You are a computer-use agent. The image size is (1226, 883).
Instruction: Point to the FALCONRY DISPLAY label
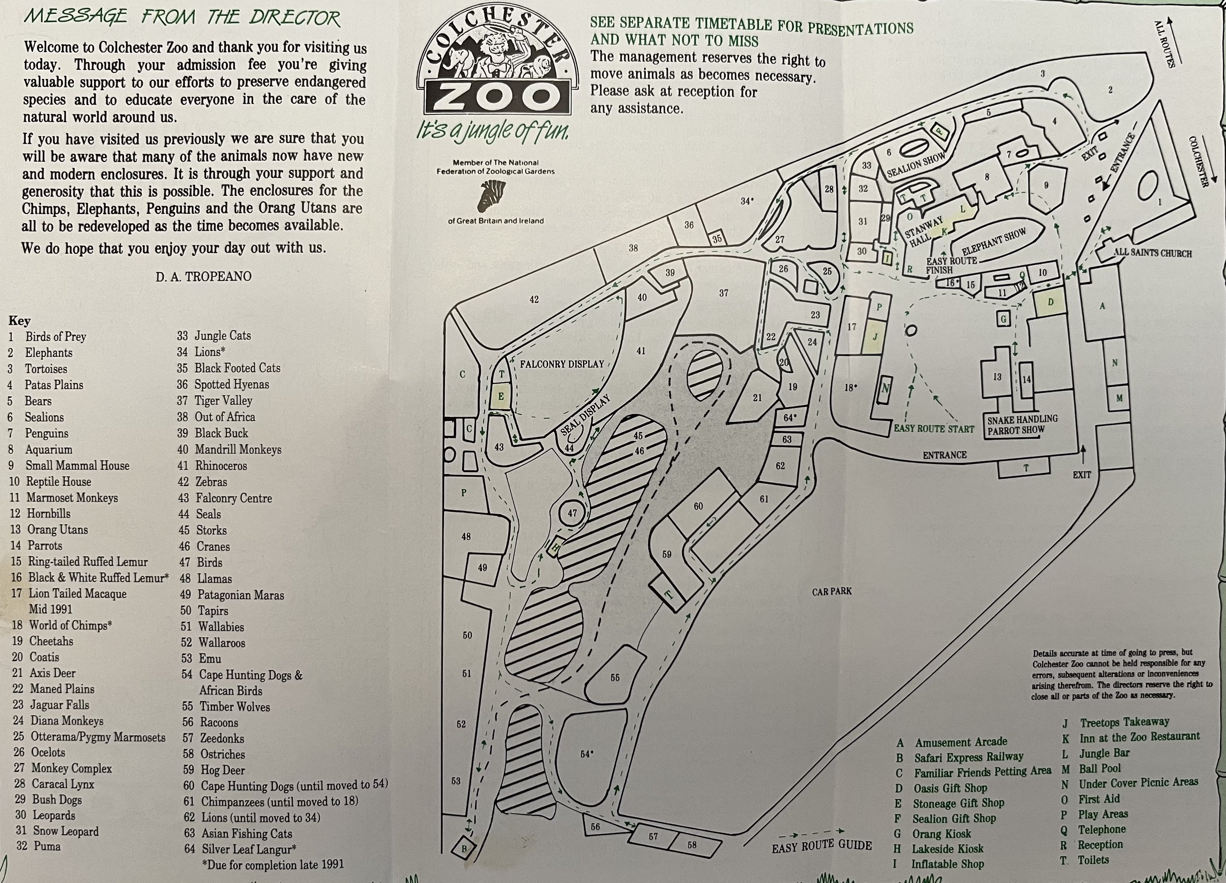(561, 364)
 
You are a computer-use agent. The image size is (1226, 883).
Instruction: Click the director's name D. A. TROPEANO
(204, 277)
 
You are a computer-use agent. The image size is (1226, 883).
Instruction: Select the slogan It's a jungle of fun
(492, 131)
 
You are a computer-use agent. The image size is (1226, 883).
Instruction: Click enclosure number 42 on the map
(534, 299)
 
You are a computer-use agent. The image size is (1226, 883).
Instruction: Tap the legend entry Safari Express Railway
(968, 757)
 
